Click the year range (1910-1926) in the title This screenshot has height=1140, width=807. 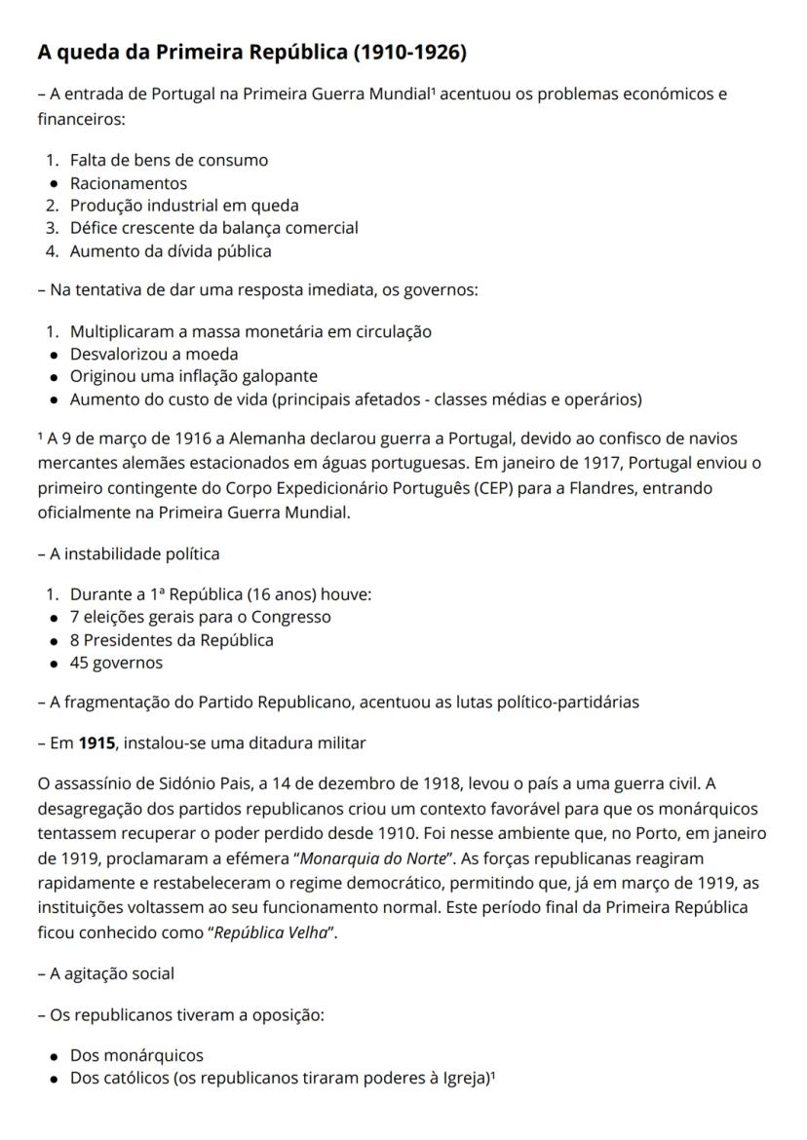point(409,53)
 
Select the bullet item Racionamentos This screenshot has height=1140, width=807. point(128,182)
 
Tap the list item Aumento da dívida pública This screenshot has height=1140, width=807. point(171,250)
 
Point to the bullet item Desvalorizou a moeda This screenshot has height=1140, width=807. point(154,354)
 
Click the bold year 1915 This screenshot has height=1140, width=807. point(96,743)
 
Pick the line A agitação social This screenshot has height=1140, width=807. point(107,973)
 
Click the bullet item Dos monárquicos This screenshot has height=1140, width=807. point(136,1055)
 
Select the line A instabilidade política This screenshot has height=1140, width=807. point(130,553)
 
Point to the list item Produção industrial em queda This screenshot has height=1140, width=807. point(184,206)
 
